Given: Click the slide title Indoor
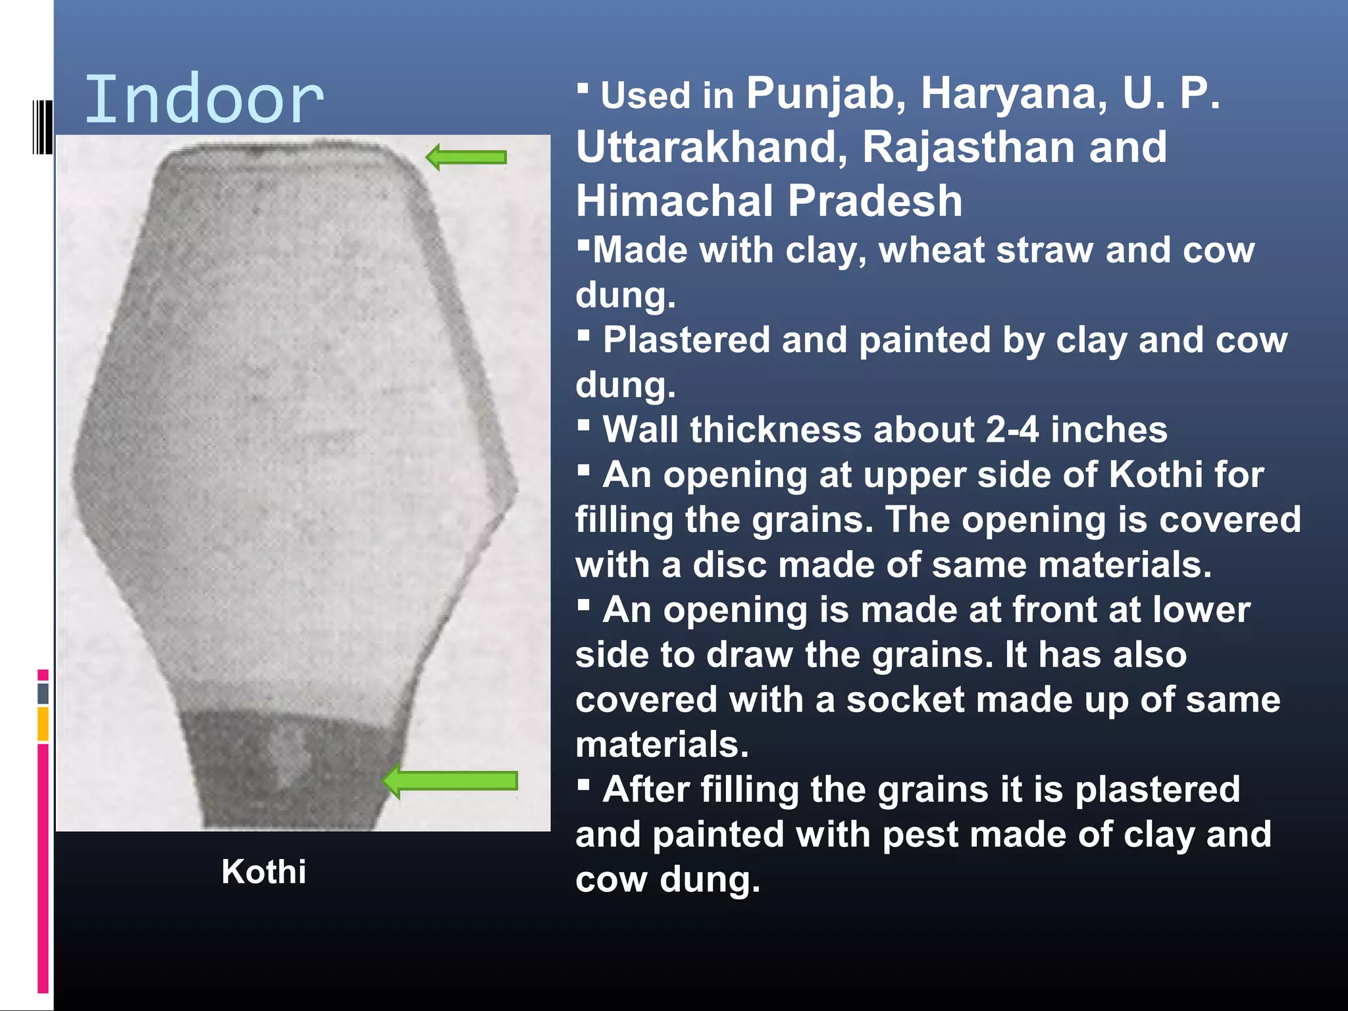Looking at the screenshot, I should (x=204, y=100).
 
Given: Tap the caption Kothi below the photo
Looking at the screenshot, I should (x=263, y=871).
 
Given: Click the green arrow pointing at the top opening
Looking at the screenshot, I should (x=466, y=157).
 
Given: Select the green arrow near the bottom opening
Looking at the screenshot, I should (x=450, y=781).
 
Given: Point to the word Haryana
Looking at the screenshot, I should (x=1014, y=93).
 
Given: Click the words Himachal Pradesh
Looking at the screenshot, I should (x=768, y=201).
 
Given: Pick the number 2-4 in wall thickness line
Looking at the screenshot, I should (x=1012, y=430).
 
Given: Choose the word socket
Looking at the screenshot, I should (x=898, y=700).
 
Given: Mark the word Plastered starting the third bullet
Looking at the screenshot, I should (x=687, y=340).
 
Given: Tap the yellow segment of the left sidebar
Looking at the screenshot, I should (x=43, y=724).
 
